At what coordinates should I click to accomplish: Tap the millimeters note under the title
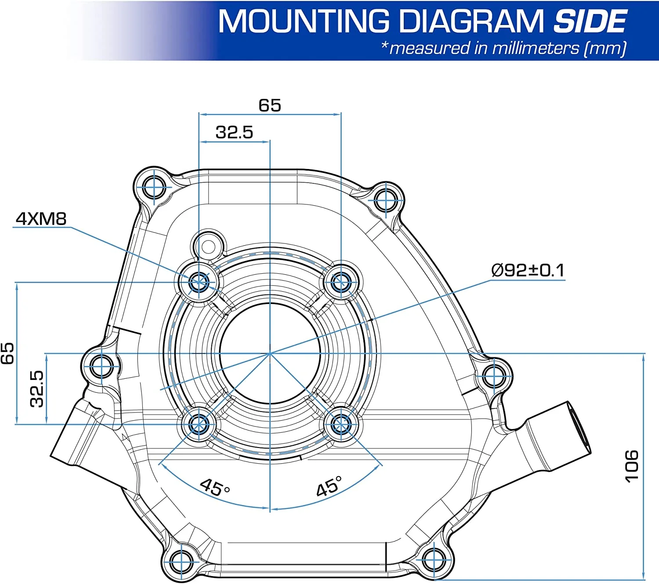coord(503,48)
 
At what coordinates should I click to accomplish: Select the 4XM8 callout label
coord(41,219)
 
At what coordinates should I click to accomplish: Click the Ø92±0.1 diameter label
coord(527,270)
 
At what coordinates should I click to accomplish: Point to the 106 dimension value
coord(631,466)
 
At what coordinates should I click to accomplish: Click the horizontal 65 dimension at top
coord(269,105)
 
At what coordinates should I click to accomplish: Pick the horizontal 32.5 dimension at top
coord(234,132)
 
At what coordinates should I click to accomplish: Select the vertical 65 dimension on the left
coord(7,353)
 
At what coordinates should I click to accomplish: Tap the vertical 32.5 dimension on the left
coord(37,389)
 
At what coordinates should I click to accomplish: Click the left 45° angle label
coord(214,487)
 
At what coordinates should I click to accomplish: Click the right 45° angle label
coord(329,486)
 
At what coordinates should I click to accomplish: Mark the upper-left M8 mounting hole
coord(199,282)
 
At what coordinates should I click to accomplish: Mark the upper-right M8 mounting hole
coord(341,282)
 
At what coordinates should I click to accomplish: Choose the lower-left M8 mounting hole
coord(199,424)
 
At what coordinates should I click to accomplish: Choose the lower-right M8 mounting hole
coord(341,424)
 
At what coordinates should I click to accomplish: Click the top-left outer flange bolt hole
coord(154,188)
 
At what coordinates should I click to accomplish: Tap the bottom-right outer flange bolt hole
coord(434,560)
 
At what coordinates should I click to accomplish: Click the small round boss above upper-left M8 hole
coord(208,247)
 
